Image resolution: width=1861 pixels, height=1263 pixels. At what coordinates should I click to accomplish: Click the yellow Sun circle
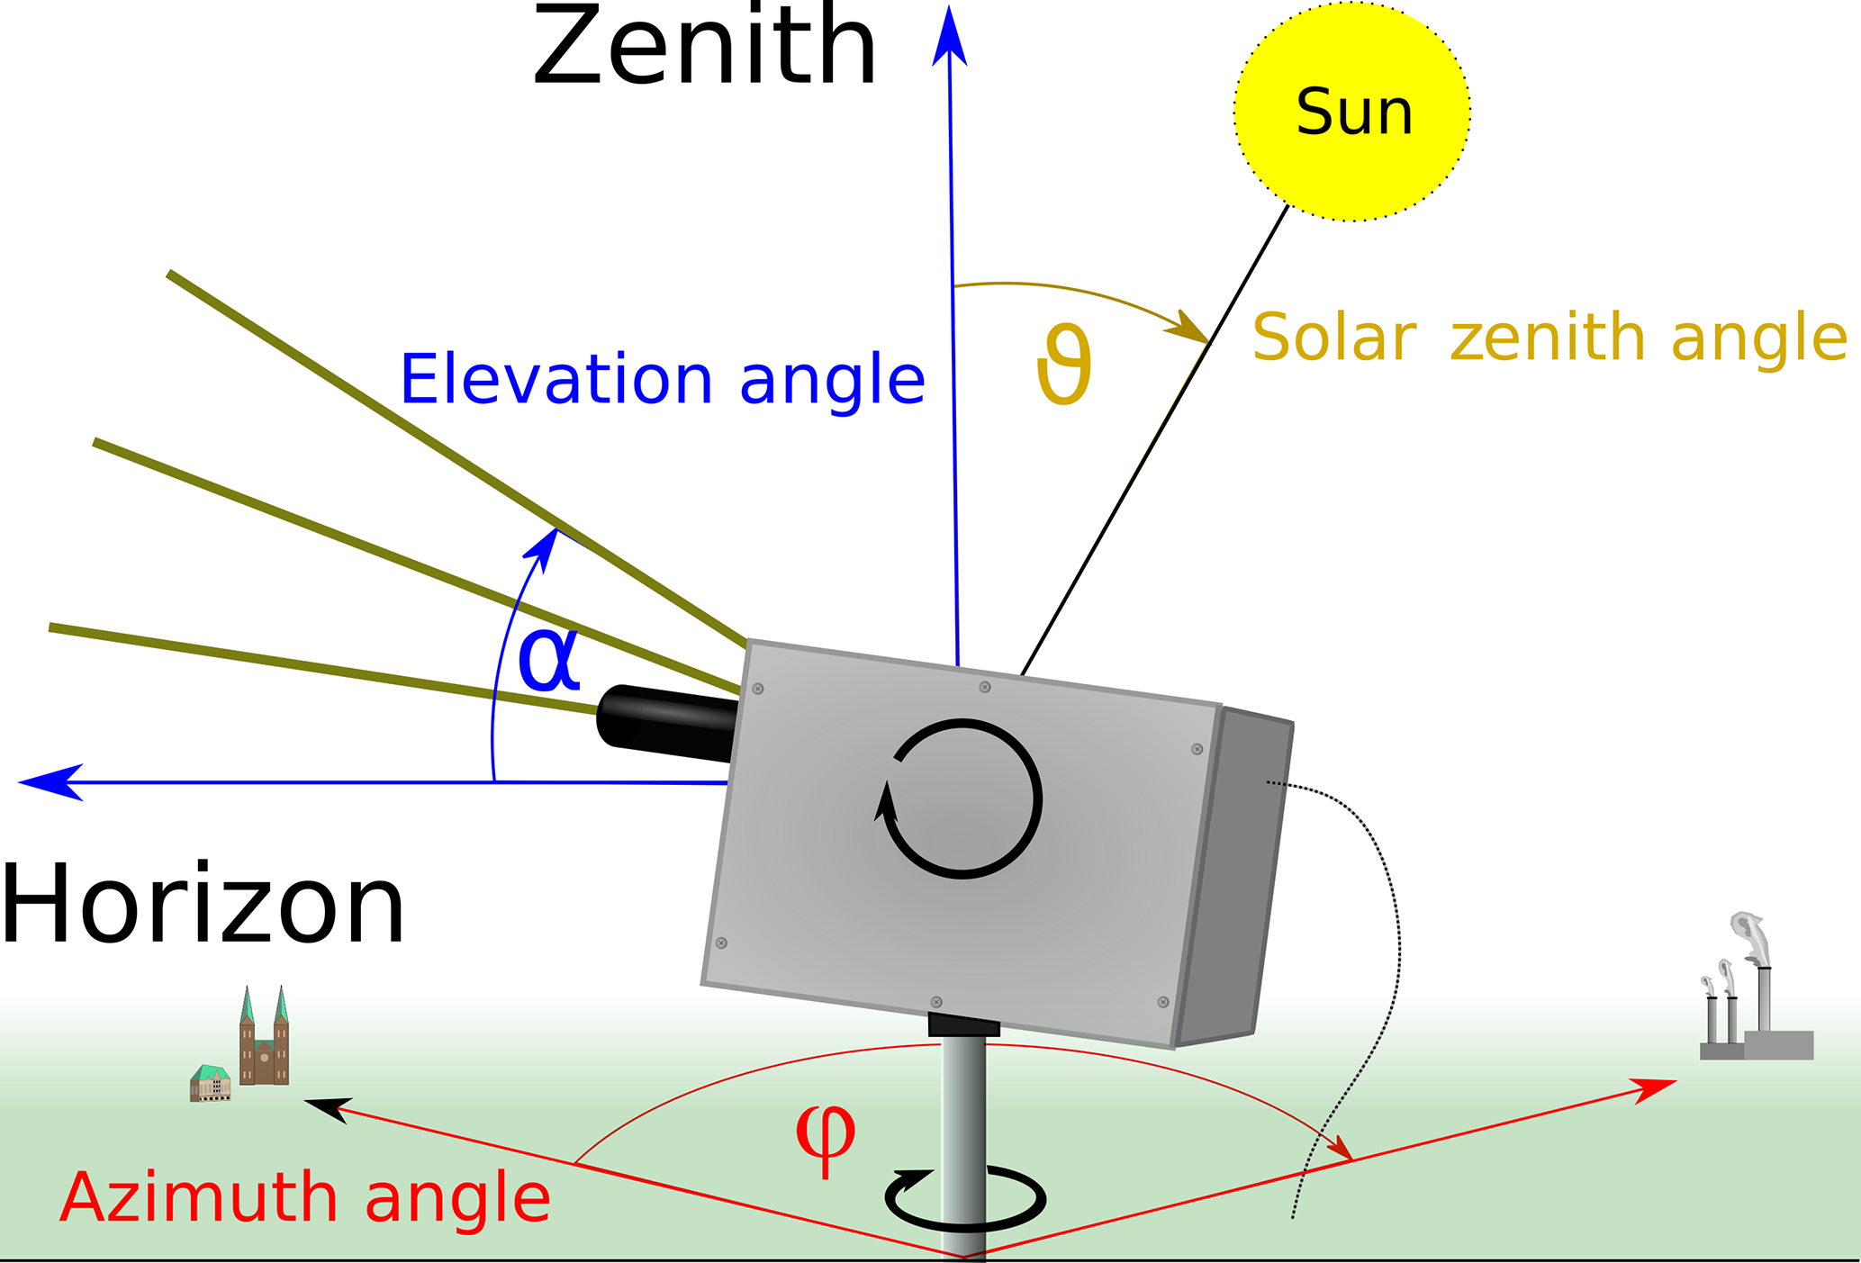[x=1351, y=113]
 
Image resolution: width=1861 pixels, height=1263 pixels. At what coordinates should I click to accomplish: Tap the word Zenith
[x=704, y=47]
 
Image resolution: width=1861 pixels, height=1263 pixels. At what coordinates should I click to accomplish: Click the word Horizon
[x=203, y=904]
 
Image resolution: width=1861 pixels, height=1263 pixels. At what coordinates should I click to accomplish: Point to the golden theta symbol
[x=1064, y=365]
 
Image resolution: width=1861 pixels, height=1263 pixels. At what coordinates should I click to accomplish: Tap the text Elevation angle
[x=662, y=380]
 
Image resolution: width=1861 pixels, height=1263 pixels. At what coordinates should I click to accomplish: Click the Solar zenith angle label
[x=1549, y=338]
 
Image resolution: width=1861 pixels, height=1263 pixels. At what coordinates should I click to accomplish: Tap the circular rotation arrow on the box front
[x=962, y=798]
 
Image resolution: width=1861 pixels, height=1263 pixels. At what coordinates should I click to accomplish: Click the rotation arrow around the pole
[x=965, y=1199]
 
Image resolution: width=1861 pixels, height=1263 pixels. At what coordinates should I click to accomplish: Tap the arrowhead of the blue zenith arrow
[x=949, y=36]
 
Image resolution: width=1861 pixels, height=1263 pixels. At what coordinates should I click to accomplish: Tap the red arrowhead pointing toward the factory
[x=1655, y=1088]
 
